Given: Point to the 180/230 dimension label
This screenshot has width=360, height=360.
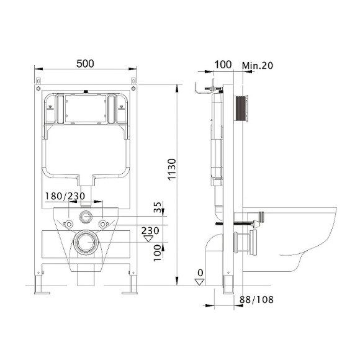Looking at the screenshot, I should coord(64,196).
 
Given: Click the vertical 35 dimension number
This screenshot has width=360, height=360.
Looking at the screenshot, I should coord(157,207).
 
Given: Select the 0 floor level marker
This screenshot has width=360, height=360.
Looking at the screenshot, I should coord(199,272).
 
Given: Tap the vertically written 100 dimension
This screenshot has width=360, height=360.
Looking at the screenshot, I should coord(157,252).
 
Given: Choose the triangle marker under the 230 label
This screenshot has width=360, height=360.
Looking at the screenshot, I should coord(148,239).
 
